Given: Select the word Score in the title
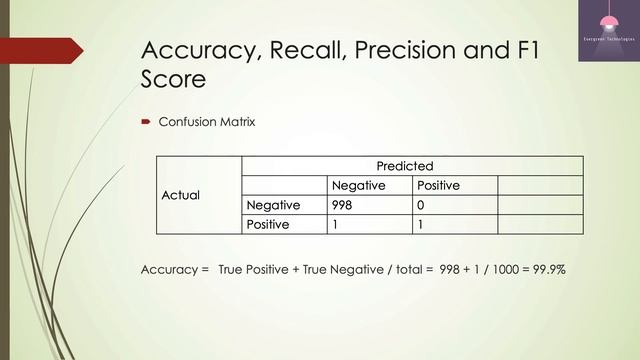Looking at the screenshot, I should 174,78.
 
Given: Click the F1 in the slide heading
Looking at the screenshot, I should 522,50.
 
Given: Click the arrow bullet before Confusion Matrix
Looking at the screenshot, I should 146,123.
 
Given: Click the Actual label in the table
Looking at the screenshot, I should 181,195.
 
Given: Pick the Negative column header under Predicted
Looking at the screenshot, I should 358,186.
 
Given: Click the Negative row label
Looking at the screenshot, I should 274,205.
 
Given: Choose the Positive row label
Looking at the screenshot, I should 268,224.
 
